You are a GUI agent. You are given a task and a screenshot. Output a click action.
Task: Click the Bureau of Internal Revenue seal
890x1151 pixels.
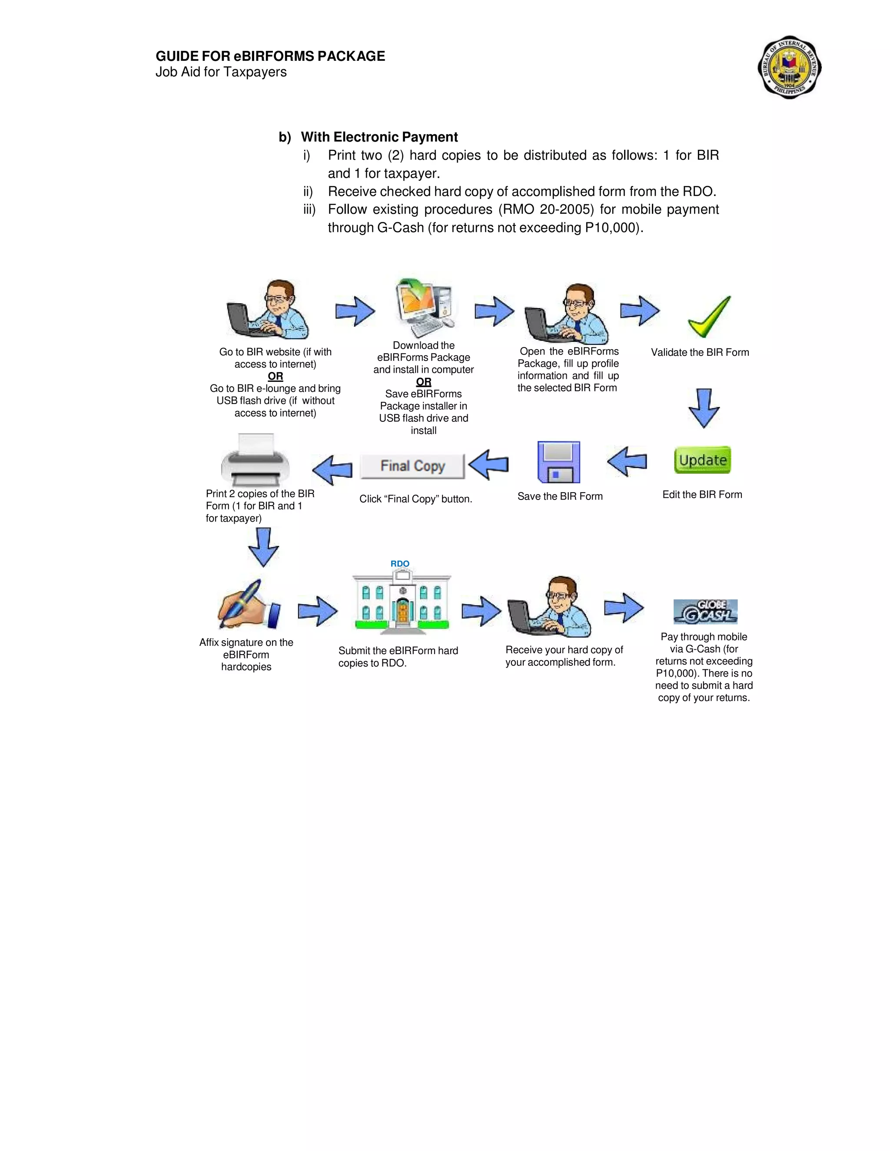(789, 67)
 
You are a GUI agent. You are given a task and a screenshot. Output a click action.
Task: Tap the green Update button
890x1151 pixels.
(702, 460)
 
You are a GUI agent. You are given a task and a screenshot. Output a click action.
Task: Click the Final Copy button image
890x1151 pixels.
(412, 466)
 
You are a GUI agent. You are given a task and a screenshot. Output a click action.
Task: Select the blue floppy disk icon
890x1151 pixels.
(558, 462)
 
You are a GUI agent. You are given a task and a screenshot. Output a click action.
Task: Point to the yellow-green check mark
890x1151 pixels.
(709, 316)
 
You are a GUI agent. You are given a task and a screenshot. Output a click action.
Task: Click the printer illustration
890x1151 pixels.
(255, 460)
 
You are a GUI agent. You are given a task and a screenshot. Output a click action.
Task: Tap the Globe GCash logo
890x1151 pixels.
(705, 612)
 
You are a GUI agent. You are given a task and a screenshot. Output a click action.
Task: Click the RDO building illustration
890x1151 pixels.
(402, 604)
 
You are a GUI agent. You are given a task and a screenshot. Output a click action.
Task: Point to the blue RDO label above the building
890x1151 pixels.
(400, 563)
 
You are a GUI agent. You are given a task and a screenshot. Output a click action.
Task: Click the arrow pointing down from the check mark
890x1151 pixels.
(704, 408)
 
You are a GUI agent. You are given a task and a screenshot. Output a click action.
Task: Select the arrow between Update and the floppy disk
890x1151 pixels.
(627, 462)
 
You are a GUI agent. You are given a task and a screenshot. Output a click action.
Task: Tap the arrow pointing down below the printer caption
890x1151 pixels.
(263, 547)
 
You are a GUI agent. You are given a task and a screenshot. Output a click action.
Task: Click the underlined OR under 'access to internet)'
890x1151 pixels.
(275, 376)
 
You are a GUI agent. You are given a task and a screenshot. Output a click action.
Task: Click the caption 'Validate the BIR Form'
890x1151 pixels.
(700, 352)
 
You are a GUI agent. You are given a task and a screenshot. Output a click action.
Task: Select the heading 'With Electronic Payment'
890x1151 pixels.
(379, 137)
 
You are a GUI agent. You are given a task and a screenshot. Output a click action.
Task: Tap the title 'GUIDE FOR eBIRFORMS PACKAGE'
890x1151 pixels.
(270, 56)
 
